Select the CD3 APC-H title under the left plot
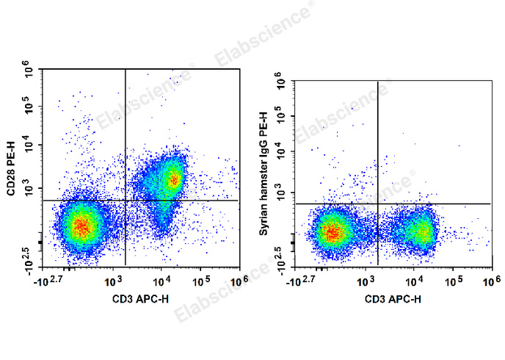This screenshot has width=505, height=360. coord(139,298)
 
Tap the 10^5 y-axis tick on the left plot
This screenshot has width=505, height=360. coord(30,109)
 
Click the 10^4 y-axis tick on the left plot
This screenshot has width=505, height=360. coord(30,145)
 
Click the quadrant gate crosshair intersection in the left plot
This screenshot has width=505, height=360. coord(126,200)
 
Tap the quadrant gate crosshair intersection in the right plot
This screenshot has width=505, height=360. coord(377,204)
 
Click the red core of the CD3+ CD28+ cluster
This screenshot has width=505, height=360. coord(173,179)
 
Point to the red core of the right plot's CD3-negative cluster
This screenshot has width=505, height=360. coord(332,233)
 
